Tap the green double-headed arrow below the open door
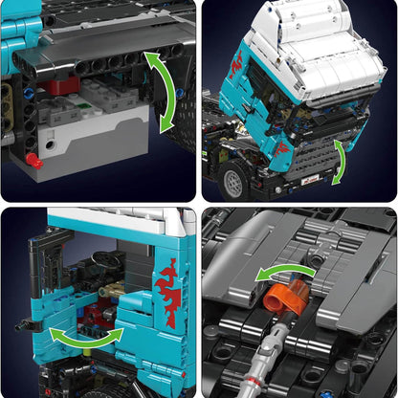[x=86, y=336]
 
